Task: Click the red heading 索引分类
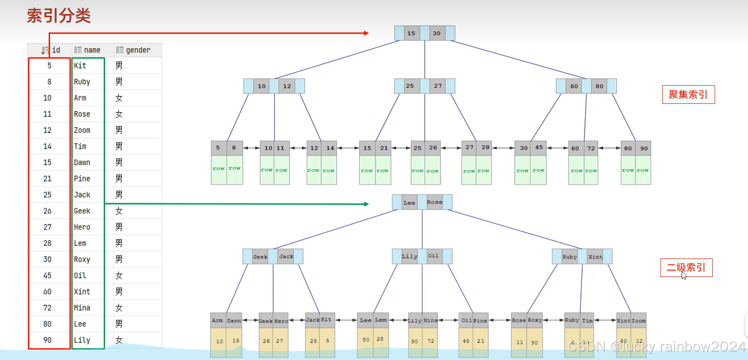(59, 16)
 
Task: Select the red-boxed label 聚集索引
(688, 95)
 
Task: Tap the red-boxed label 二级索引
(686, 268)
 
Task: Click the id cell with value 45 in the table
(47, 276)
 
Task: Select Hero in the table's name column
(82, 227)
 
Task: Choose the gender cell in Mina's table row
(119, 308)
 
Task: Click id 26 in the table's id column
(47, 211)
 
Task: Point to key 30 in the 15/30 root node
(437, 33)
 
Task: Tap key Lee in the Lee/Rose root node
(409, 203)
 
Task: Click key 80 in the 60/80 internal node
(599, 86)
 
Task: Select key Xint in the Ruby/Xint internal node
(595, 257)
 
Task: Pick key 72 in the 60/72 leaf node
(591, 148)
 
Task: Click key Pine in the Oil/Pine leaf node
(480, 321)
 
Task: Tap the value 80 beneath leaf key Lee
(366, 340)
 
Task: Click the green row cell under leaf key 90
(643, 171)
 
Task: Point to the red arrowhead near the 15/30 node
(366, 33)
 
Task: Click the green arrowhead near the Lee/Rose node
(366, 204)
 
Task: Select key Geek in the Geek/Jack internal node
(260, 257)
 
